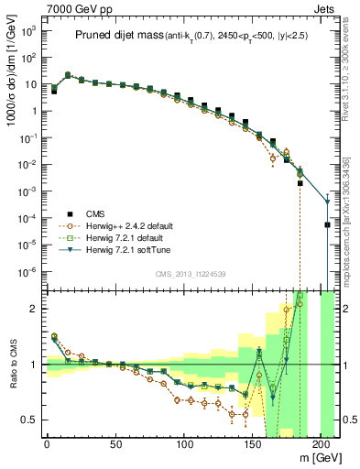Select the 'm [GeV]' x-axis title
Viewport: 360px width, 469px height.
[320, 461]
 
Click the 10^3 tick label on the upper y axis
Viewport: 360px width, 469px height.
[27, 30]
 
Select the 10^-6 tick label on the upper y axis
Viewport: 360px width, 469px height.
[27, 272]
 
